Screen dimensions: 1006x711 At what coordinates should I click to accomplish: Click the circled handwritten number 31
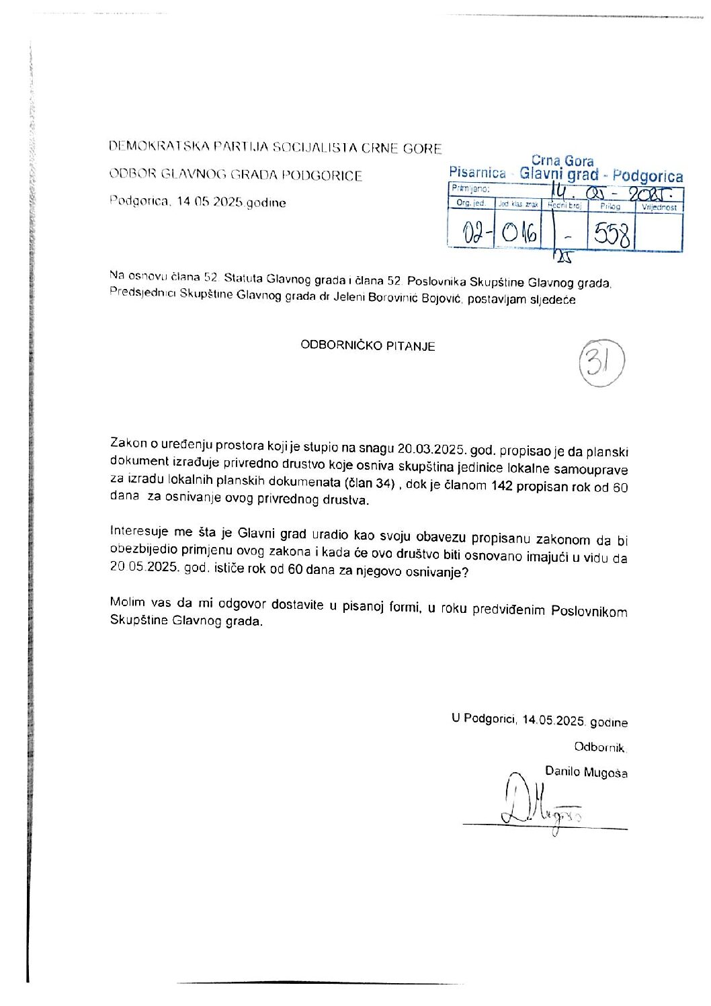coord(601,363)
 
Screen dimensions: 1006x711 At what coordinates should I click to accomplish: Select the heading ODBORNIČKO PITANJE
coord(368,346)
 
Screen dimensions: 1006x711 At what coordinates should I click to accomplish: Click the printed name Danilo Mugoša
coord(586,772)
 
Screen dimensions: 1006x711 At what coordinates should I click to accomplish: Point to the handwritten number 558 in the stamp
coord(611,235)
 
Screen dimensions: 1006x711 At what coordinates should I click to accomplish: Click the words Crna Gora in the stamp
coord(562,161)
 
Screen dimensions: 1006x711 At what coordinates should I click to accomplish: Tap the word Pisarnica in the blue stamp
coord(477,173)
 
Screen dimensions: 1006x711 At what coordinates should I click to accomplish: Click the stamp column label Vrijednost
coord(659,207)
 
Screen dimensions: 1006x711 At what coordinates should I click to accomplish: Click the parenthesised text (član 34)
coord(369,483)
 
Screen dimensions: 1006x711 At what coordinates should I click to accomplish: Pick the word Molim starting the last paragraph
coord(127,602)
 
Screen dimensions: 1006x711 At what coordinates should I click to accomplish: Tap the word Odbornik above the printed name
coord(599,747)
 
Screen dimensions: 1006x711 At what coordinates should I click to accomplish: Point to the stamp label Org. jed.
coord(470,203)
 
